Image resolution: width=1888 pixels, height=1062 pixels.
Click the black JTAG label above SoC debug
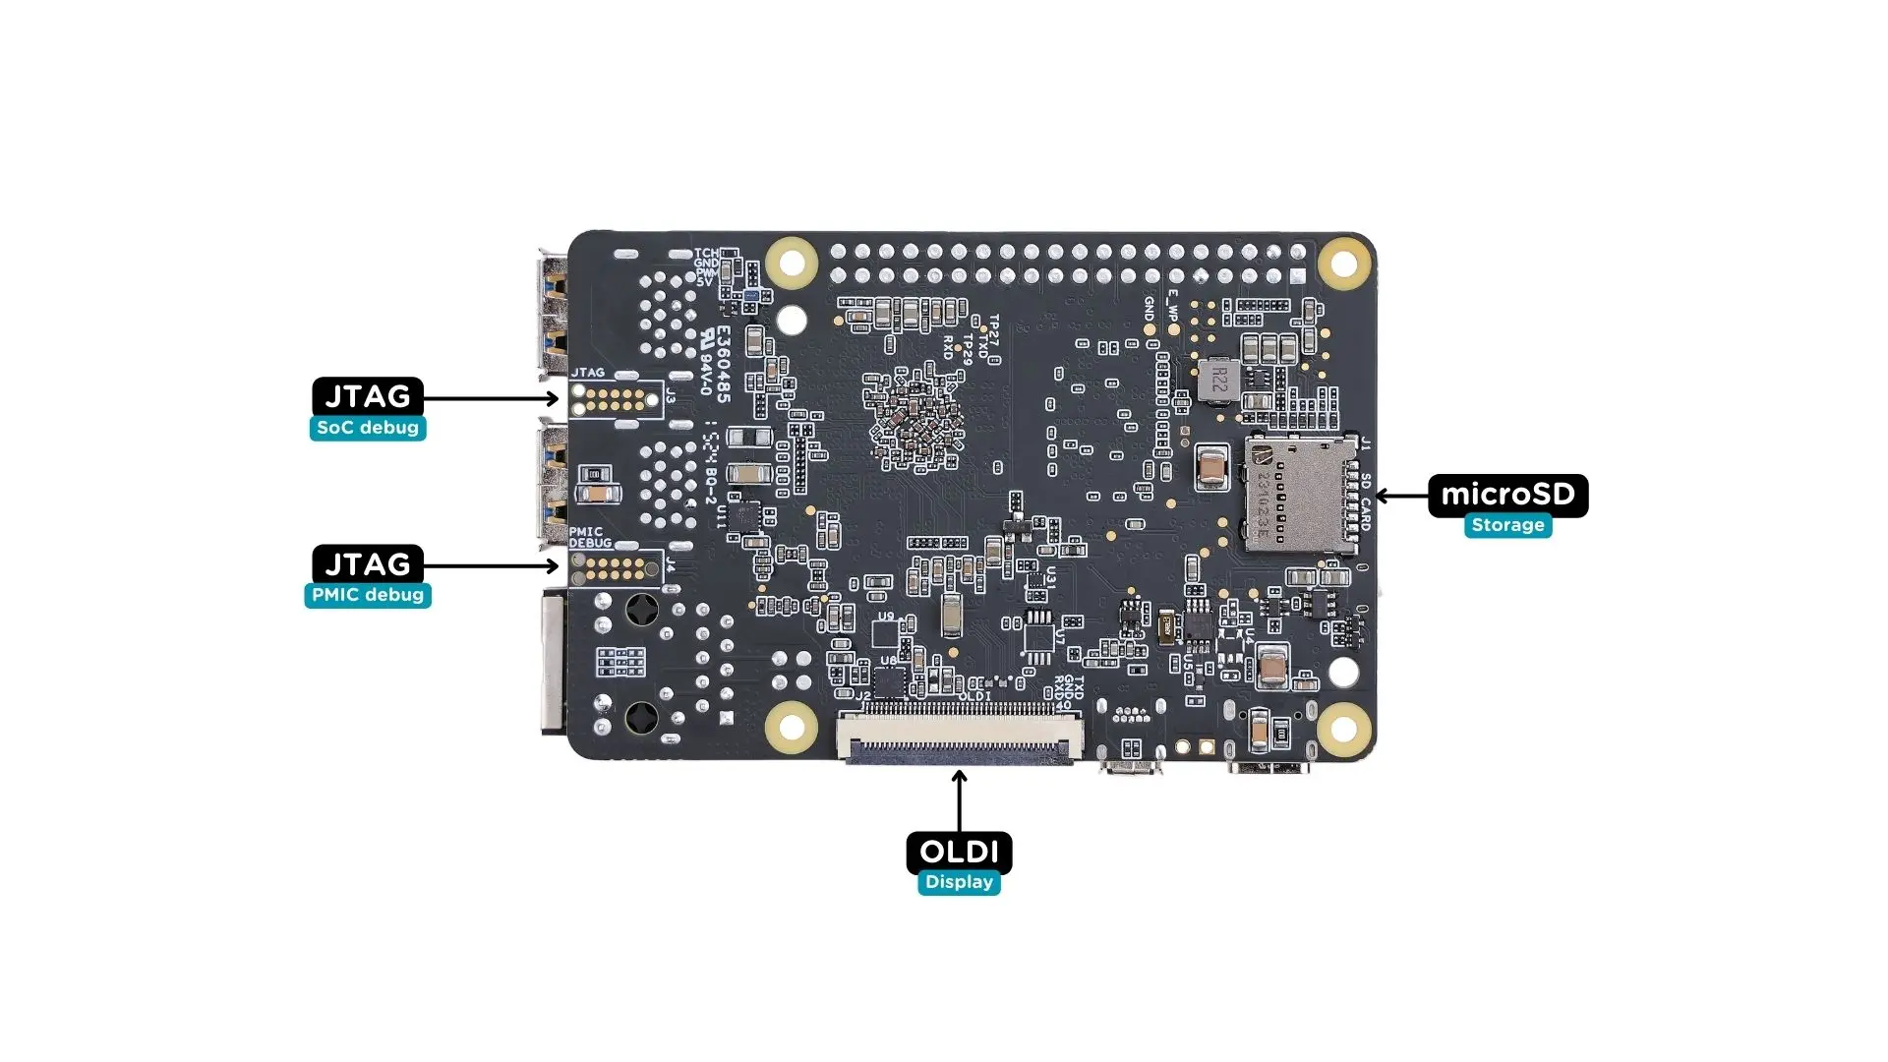368,396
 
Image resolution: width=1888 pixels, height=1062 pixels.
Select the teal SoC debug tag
368,428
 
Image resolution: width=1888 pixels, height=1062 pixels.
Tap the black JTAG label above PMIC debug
368,564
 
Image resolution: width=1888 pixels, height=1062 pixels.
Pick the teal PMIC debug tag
368,595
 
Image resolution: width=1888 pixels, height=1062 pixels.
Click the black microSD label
1507,495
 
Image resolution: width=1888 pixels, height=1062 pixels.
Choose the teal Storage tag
1507,525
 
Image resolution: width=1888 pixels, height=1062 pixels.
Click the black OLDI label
959,852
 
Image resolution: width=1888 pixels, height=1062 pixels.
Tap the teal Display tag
959,882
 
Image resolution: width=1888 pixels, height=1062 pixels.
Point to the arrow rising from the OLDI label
959,801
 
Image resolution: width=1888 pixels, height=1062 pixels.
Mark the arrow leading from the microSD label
1401,496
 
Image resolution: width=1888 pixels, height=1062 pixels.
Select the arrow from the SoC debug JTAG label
492,398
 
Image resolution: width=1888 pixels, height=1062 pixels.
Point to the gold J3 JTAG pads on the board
615,399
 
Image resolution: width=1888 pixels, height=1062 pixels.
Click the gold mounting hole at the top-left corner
792,263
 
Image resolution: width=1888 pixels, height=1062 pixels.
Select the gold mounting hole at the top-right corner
1343,263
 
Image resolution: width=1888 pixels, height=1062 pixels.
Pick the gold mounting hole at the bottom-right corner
1343,727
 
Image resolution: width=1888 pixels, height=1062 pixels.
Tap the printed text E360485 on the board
723,364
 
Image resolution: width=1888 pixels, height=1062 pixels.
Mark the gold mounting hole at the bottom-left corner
792,727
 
